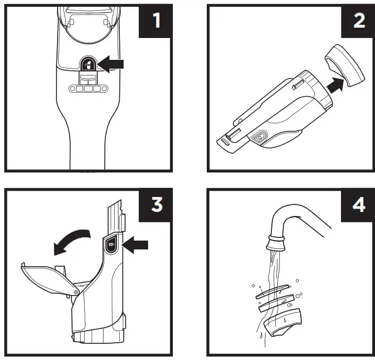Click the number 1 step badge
point(155,21)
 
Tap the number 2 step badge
point(357,21)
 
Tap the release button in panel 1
point(89,65)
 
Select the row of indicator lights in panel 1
point(88,89)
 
